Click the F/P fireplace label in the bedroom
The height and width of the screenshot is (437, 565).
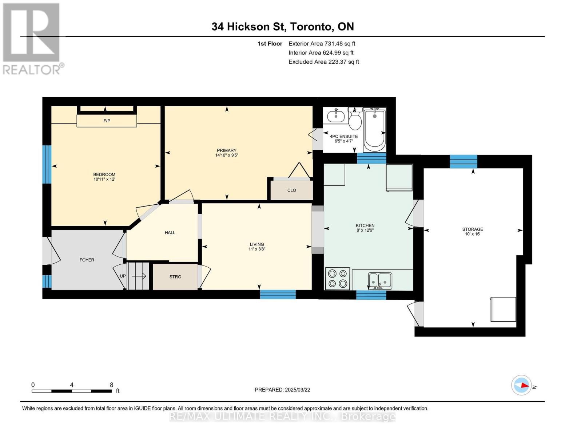107,121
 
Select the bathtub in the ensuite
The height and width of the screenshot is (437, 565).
374,130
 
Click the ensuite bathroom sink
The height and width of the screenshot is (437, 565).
336,116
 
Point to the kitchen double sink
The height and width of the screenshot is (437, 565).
380,281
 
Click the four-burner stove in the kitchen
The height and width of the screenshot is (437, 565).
338,279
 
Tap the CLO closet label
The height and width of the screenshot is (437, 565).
291,190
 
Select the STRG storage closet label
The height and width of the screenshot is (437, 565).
175,277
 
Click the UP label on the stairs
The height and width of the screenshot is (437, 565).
123,276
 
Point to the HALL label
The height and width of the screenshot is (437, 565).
170,232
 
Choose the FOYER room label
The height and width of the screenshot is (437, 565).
87,260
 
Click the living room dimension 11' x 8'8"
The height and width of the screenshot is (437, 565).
257,249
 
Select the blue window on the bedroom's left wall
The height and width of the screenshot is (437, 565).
47,164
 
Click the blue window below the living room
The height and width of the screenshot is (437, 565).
278,294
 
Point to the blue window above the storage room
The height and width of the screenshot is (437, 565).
463,161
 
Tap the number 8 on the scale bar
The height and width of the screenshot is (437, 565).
112,385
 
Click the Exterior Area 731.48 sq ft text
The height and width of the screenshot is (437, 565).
322,44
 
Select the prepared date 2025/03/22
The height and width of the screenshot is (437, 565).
298,390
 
